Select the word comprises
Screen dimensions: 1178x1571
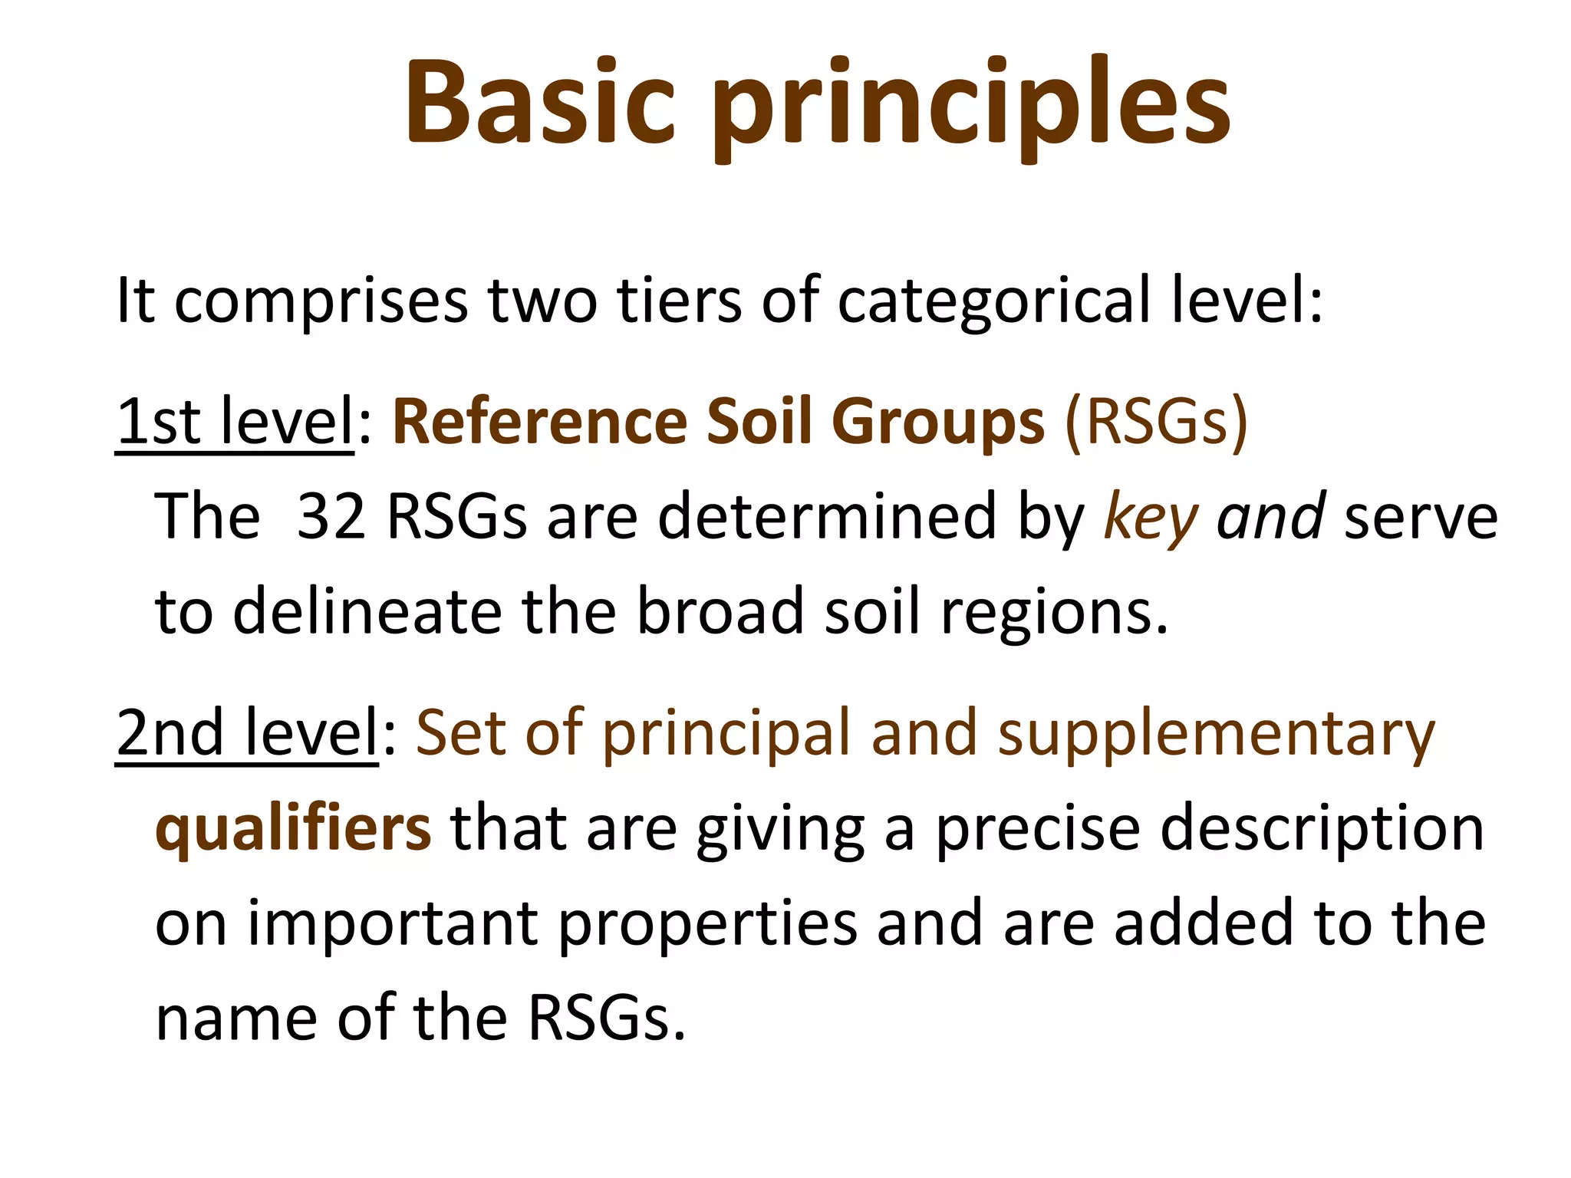click(x=321, y=301)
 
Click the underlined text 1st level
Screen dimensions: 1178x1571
click(x=235, y=421)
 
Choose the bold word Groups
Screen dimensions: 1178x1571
click(x=937, y=421)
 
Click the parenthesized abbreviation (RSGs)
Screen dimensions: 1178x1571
click(x=1156, y=421)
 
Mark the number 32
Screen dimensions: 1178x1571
click(x=331, y=516)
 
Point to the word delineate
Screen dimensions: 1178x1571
click(x=367, y=611)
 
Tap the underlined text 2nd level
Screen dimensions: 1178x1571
click(x=247, y=732)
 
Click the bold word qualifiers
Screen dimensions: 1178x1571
click(x=293, y=829)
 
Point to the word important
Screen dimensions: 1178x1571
click(x=392, y=924)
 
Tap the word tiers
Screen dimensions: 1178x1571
click(x=680, y=301)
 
